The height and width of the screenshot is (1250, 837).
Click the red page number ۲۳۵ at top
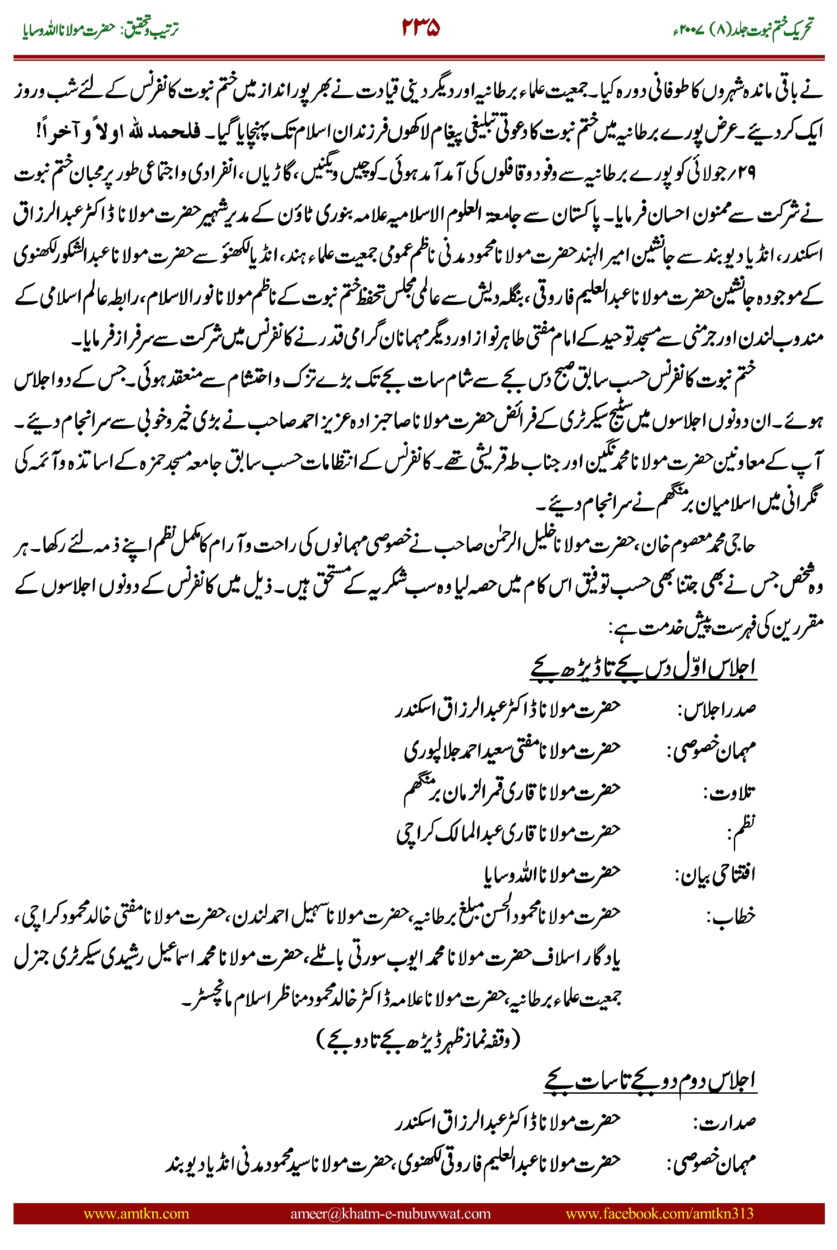point(420,28)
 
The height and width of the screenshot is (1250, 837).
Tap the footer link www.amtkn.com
point(136,1213)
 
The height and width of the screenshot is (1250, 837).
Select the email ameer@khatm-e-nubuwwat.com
point(390,1213)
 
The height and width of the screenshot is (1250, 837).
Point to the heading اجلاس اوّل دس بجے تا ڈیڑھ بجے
point(643,668)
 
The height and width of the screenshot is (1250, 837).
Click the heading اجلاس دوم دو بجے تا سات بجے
point(650,1080)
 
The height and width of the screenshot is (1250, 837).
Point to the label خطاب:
point(731,916)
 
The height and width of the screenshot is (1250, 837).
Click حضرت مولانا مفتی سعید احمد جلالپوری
point(512,750)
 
